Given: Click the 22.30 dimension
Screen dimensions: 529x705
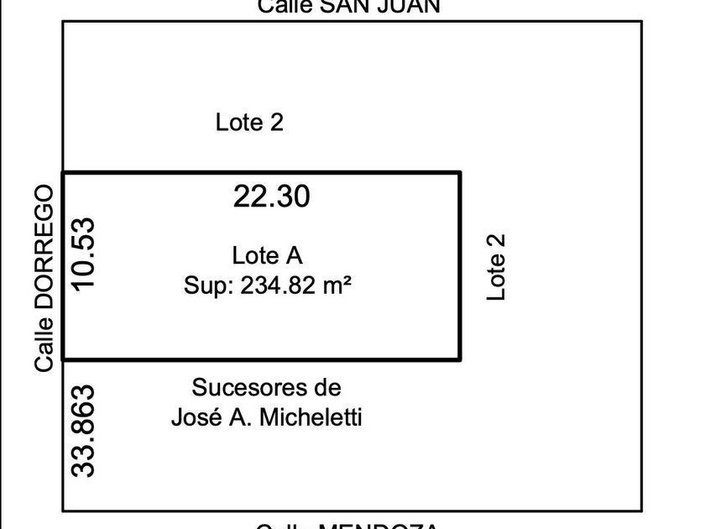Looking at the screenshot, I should (272, 196).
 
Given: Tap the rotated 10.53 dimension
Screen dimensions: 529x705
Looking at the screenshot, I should (85, 254).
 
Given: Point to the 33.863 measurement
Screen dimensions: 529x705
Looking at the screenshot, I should (85, 431).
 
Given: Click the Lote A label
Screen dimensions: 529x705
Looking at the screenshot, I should (267, 255).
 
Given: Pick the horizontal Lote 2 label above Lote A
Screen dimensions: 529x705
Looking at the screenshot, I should (249, 123).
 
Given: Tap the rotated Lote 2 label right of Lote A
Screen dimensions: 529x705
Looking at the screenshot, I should (498, 266).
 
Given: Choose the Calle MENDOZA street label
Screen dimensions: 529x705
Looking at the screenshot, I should (347, 526).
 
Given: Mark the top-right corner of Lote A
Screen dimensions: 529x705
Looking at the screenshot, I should (460, 173).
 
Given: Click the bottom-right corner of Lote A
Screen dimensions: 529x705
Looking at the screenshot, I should (460, 359).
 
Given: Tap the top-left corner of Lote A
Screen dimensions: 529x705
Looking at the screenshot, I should (64, 173).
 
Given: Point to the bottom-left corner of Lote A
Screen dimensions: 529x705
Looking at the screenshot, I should (64, 359).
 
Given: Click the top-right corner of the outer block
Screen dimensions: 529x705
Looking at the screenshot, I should (642, 22).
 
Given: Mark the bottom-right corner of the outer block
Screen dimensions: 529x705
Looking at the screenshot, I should (642, 511).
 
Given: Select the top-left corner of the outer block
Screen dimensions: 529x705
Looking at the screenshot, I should (63, 22).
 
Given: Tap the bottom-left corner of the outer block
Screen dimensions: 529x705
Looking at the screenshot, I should (63, 511).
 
